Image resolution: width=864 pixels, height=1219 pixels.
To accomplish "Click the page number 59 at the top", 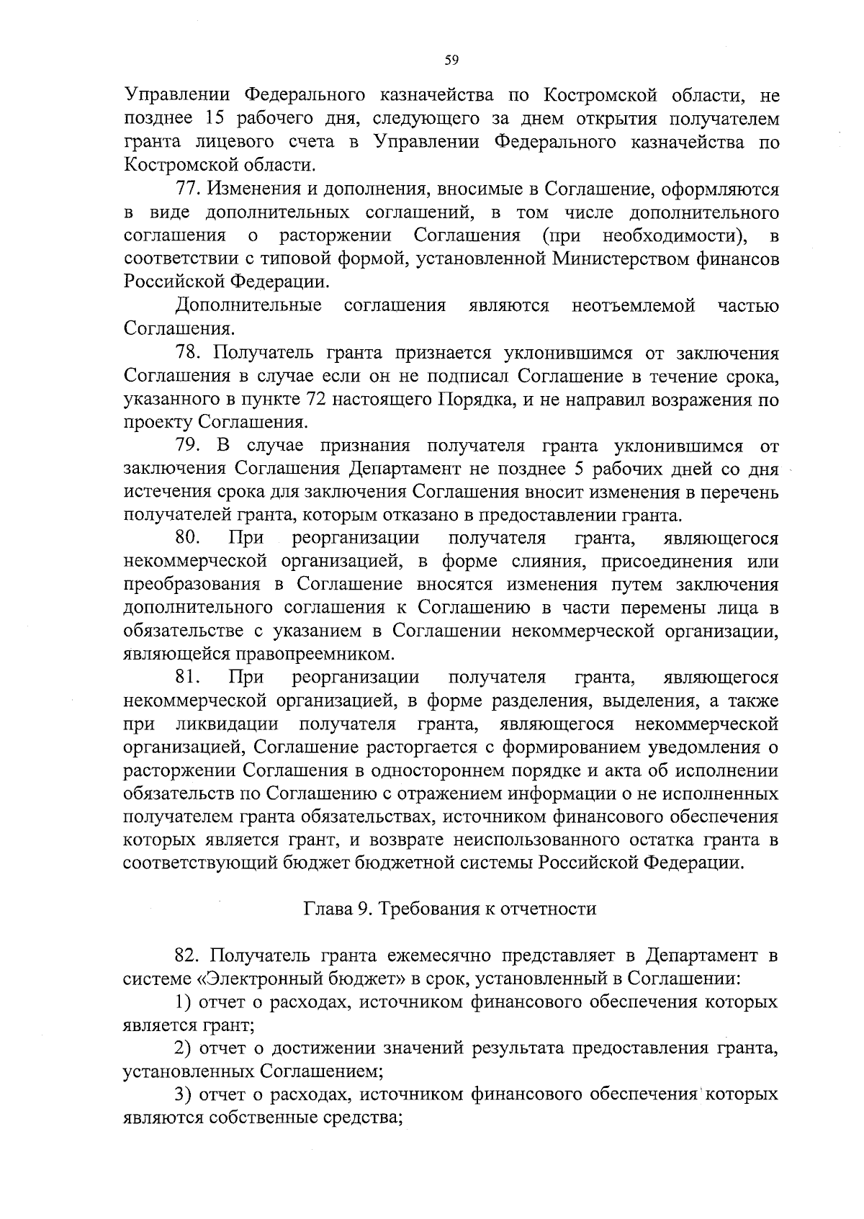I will click(x=451, y=60).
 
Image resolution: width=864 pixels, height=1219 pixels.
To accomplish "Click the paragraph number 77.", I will click(x=188, y=189).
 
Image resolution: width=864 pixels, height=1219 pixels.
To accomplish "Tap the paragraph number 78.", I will click(x=188, y=353).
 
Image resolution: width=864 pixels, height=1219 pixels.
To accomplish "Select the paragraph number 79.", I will click(x=188, y=446).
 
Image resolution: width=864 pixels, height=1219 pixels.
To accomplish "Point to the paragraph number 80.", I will click(x=188, y=538).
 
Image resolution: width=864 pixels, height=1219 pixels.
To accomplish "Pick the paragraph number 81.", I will click(x=188, y=678).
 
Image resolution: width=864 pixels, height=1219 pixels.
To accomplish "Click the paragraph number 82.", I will click(x=188, y=955).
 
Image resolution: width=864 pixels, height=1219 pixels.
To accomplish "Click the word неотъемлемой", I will click(x=633, y=306).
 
